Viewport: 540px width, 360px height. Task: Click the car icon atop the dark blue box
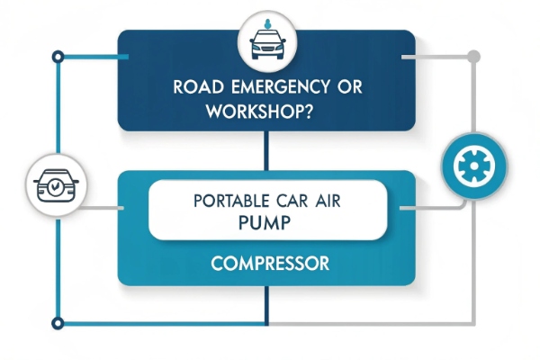point(266,42)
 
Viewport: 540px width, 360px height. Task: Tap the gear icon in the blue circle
point(474,166)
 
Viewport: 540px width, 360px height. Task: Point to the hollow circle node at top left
point(58,57)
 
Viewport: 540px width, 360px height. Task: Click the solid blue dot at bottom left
point(58,321)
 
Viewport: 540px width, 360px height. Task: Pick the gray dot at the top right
point(474,57)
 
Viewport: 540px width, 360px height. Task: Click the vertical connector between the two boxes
point(266,151)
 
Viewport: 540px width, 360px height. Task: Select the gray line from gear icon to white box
point(427,208)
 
